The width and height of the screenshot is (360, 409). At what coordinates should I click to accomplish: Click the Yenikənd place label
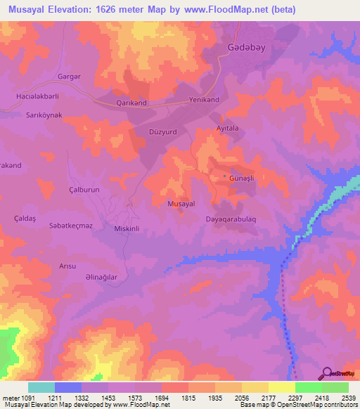(x=205, y=100)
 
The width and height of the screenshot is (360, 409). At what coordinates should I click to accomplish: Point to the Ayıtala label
(x=227, y=129)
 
